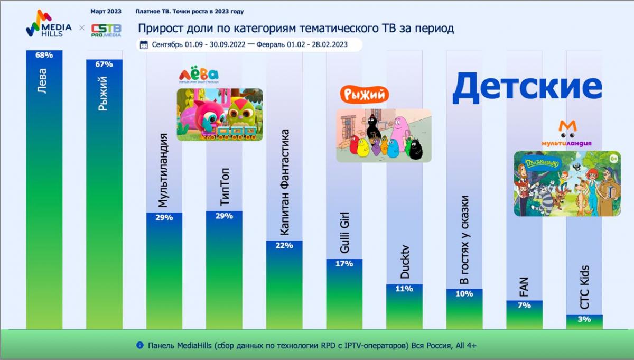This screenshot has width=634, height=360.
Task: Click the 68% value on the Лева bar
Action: tap(44, 56)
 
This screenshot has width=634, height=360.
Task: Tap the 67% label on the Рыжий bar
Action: tap(104, 64)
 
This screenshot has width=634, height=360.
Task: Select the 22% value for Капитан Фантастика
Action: tap(284, 246)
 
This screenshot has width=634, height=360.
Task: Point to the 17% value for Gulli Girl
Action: tap(344, 263)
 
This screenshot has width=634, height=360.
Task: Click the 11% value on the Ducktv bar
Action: tap(404, 289)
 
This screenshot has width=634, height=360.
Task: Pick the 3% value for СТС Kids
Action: tap(584, 319)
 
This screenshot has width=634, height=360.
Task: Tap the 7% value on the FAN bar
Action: tap(524, 306)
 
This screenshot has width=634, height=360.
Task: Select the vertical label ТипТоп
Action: tap(224, 188)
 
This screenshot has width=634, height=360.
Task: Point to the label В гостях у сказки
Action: tap(464, 240)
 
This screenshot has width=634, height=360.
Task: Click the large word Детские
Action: tap(527, 87)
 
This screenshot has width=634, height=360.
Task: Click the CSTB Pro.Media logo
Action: tap(106, 30)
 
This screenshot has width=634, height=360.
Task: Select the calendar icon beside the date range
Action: tap(144, 45)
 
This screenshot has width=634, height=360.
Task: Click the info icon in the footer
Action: tap(140, 345)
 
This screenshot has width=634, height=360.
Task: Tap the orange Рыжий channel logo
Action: tap(365, 95)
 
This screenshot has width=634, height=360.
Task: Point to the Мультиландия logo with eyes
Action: tap(566, 134)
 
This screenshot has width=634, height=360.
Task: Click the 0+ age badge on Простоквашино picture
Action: tap(613, 158)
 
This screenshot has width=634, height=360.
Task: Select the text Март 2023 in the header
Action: tap(106, 11)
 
